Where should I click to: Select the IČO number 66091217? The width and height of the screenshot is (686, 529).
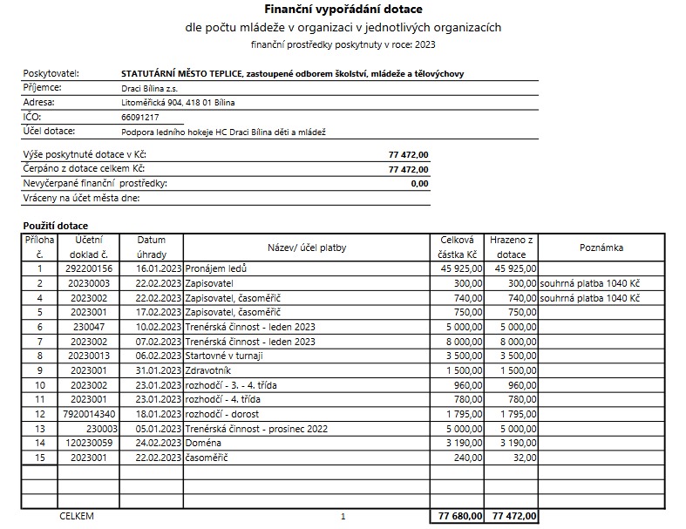(x=140, y=117)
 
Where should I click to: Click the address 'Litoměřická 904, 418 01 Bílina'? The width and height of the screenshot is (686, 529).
(x=178, y=102)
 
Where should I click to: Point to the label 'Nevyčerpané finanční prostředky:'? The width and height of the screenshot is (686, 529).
(x=94, y=184)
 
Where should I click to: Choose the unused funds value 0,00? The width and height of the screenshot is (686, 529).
(x=419, y=184)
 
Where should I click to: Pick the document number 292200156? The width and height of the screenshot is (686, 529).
(x=90, y=269)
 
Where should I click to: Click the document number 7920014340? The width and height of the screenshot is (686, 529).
(x=90, y=414)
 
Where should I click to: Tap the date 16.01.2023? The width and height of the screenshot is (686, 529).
(x=159, y=269)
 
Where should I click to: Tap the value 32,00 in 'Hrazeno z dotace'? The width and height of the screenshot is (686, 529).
(x=525, y=457)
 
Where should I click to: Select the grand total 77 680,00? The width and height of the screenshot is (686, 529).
(x=458, y=516)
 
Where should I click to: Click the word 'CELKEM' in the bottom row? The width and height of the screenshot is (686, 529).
(x=76, y=516)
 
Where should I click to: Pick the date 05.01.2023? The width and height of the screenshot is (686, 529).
(x=159, y=428)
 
